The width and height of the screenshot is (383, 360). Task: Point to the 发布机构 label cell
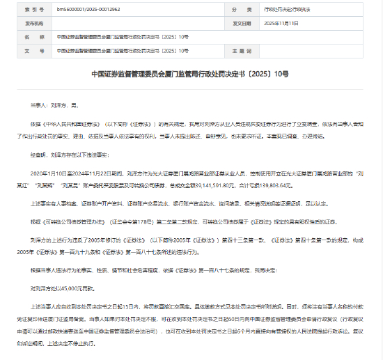[x=27, y=22]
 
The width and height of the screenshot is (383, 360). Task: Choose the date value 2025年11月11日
[x=282, y=22]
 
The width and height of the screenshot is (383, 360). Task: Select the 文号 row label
[x=27, y=50]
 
